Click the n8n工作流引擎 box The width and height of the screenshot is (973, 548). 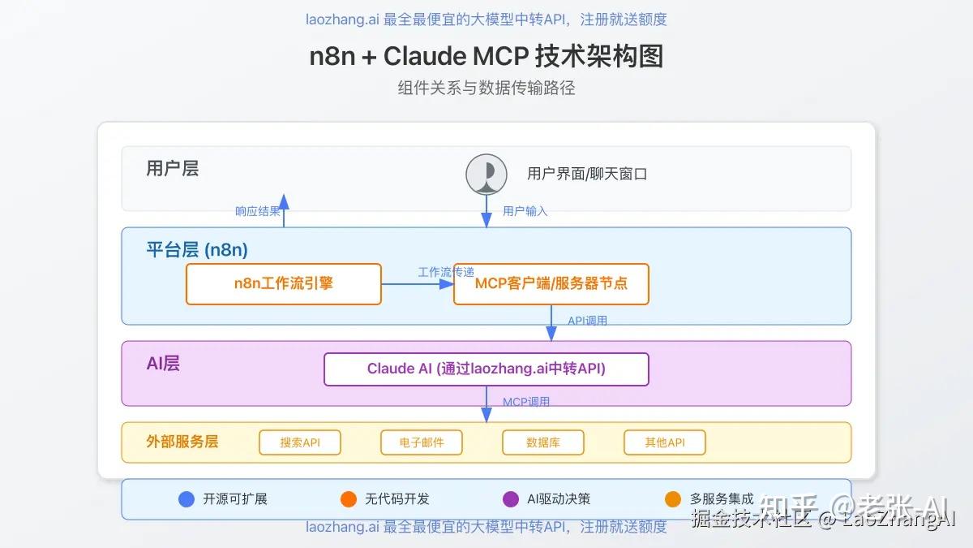pos(283,284)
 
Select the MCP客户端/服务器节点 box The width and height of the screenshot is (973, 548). pos(551,284)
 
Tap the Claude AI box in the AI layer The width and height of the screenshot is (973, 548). pos(486,369)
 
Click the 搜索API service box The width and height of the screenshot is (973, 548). pos(300,442)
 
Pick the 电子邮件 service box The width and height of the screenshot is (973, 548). pos(421,442)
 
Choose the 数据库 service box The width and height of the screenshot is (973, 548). pos(542,442)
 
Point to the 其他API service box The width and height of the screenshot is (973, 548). pos(664,442)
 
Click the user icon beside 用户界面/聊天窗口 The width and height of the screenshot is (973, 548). pos(486,175)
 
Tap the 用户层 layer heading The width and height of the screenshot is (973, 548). pos(172,169)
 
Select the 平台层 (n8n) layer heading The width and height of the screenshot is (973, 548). pos(197,249)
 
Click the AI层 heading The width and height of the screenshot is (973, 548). pos(163,364)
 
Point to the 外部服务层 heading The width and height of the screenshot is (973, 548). pos(182,442)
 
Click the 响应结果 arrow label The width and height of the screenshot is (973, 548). pos(258,211)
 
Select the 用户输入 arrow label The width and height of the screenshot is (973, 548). pos(525,211)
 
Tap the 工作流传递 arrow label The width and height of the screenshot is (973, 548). pos(446,272)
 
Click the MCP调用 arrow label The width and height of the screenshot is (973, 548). pos(526,402)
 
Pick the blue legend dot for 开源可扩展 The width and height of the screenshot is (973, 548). pos(186,499)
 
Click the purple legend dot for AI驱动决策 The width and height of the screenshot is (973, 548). pos(511,499)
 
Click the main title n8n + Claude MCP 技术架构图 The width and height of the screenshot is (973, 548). pos(486,56)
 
